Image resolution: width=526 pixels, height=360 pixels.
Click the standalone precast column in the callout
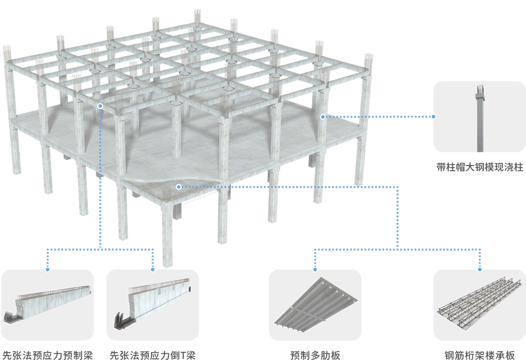click(480, 121)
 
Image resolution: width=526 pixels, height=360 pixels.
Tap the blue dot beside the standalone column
click(433, 117)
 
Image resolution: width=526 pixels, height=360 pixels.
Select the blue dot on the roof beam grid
click(100, 106)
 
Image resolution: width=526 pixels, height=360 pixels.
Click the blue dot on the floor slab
click(179, 187)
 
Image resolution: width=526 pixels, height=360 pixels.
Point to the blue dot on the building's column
click(323, 117)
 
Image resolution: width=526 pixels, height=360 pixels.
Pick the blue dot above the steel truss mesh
click(480, 269)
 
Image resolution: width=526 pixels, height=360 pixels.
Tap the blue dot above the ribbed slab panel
click(315, 269)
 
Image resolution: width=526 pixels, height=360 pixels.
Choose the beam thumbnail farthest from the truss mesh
click(50, 304)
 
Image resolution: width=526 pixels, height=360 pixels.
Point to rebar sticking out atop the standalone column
click(480, 89)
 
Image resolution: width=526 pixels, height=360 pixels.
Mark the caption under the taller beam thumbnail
click(153, 351)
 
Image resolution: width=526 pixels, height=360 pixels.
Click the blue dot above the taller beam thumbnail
click(153, 269)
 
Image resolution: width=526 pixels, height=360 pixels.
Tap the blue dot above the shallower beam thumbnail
click(48, 269)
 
